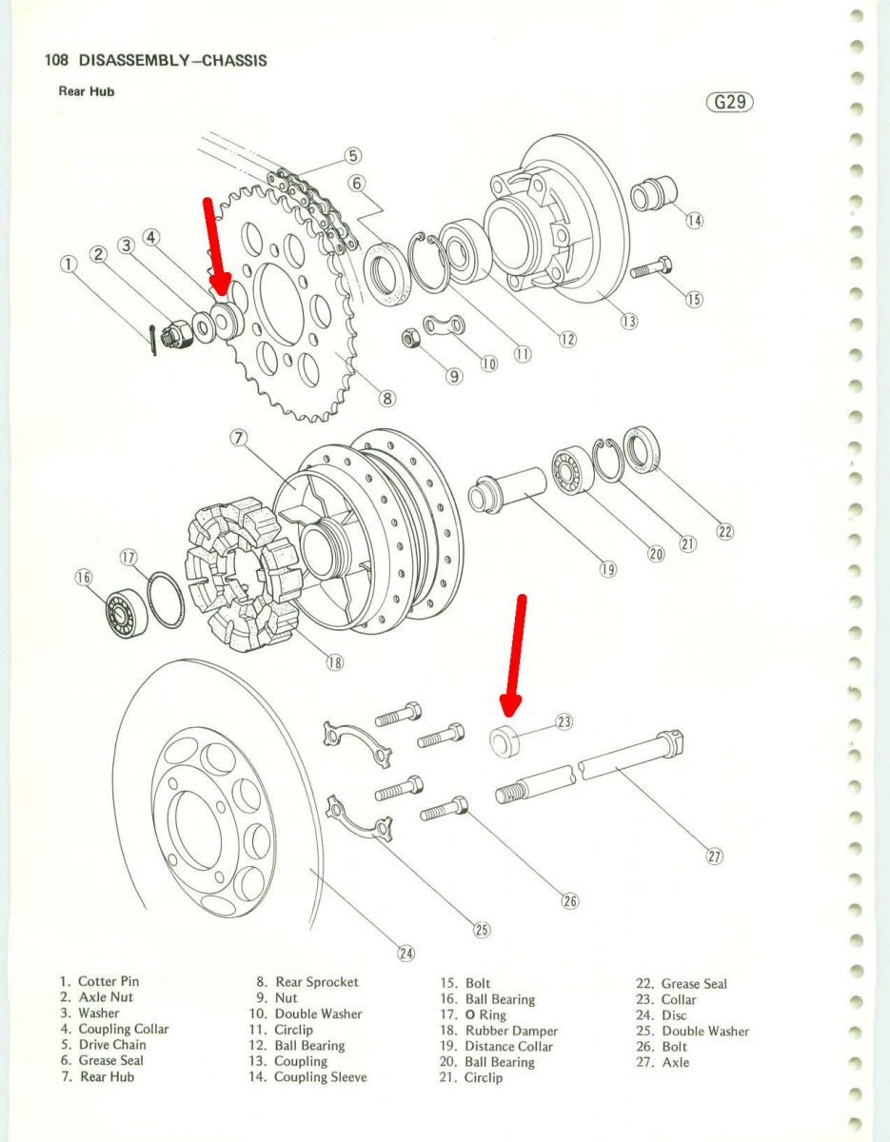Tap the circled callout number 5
coord(352,155)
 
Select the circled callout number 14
coord(694,220)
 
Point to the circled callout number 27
coord(714,856)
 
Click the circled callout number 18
coord(334,662)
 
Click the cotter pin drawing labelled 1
coord(153,329)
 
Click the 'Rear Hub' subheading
coord(87,92)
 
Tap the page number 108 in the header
coord(56,60)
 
